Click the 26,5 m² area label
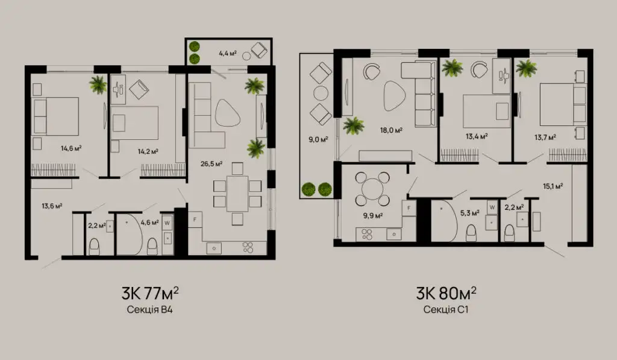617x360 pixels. [211, 163]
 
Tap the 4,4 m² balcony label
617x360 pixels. [228, 53]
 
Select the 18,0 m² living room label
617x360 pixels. [391, 130]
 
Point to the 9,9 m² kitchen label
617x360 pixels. [373, 215]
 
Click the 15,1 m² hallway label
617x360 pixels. [553, 186]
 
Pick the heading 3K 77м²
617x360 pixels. [150, 294]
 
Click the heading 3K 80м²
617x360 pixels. [446, 294]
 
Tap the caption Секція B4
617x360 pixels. [149, 309]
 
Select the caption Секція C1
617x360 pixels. [446, 309]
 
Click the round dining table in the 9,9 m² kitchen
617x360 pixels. [372, 189]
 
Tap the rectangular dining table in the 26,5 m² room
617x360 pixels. [237, 194]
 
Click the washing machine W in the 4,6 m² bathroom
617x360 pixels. [168, 223]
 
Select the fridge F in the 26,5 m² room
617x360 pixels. [195, 219]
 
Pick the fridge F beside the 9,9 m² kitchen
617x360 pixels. [409, 208]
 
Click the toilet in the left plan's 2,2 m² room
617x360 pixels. [94, 247]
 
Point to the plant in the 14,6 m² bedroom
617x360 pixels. [98, 84]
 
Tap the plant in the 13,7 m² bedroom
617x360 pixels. [526, 68]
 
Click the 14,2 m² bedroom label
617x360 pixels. [148, 151]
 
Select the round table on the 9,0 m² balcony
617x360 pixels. [321, 93]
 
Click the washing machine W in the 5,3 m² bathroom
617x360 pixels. [492, 207]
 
